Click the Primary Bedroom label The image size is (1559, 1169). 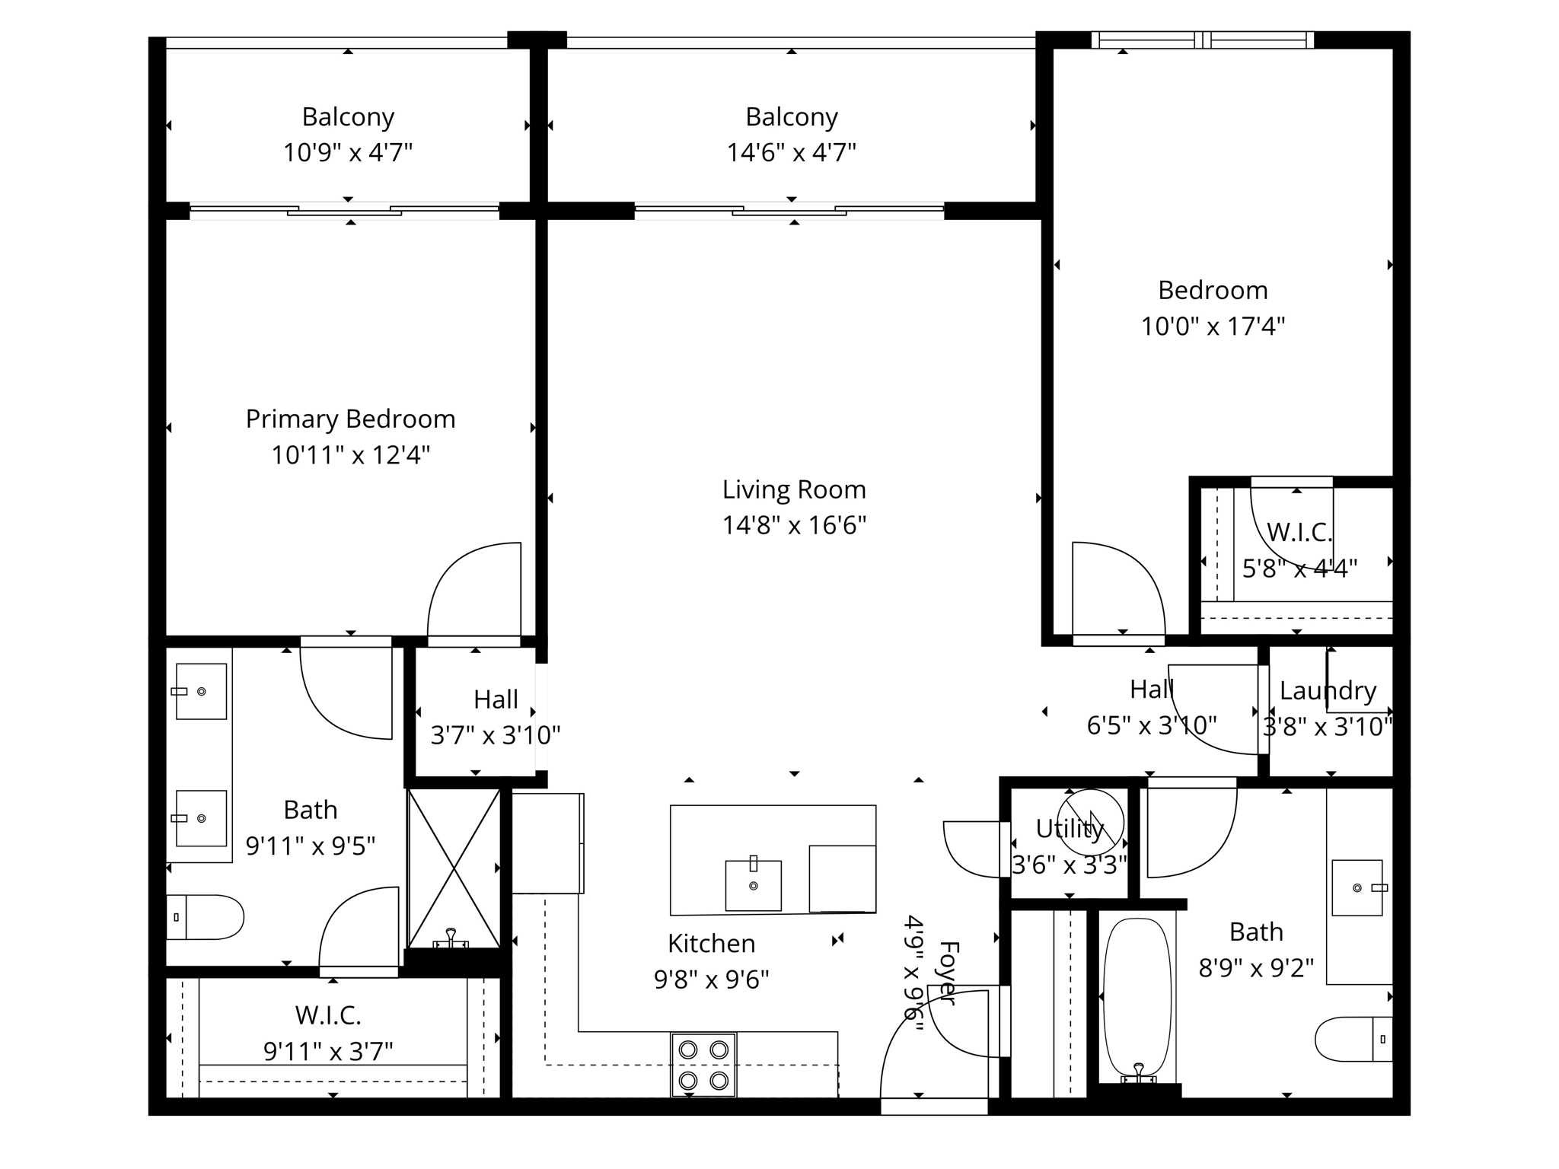point(350,419)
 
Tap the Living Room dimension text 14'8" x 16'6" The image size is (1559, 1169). point(794,525)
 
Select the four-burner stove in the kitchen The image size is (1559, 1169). point(703,1065)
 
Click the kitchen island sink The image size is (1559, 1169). point(753,884)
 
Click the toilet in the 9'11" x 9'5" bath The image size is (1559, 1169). point(205,917)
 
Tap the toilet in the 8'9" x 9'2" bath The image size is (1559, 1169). point(1353,1039)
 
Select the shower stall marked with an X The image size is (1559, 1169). point(454,868)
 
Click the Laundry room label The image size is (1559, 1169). point(1328,691)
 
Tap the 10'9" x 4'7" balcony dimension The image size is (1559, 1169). point(348,152)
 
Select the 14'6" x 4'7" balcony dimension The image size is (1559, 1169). point(791,152)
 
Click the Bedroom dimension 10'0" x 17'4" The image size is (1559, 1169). point(1213,326)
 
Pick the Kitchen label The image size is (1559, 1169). point(711,944)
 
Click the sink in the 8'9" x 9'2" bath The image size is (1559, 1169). point(1357,888)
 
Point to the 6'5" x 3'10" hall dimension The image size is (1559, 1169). point(1152,725)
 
